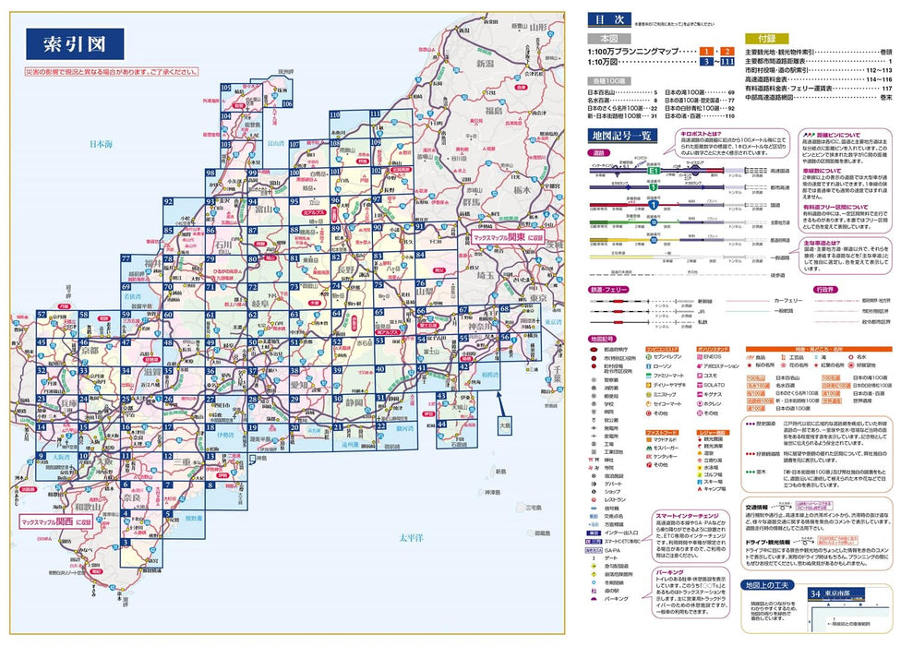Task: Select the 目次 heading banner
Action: point(611,18)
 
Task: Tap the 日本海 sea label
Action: point(105,144)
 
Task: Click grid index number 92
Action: point(167,201)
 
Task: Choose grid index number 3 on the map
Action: point(125,543)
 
